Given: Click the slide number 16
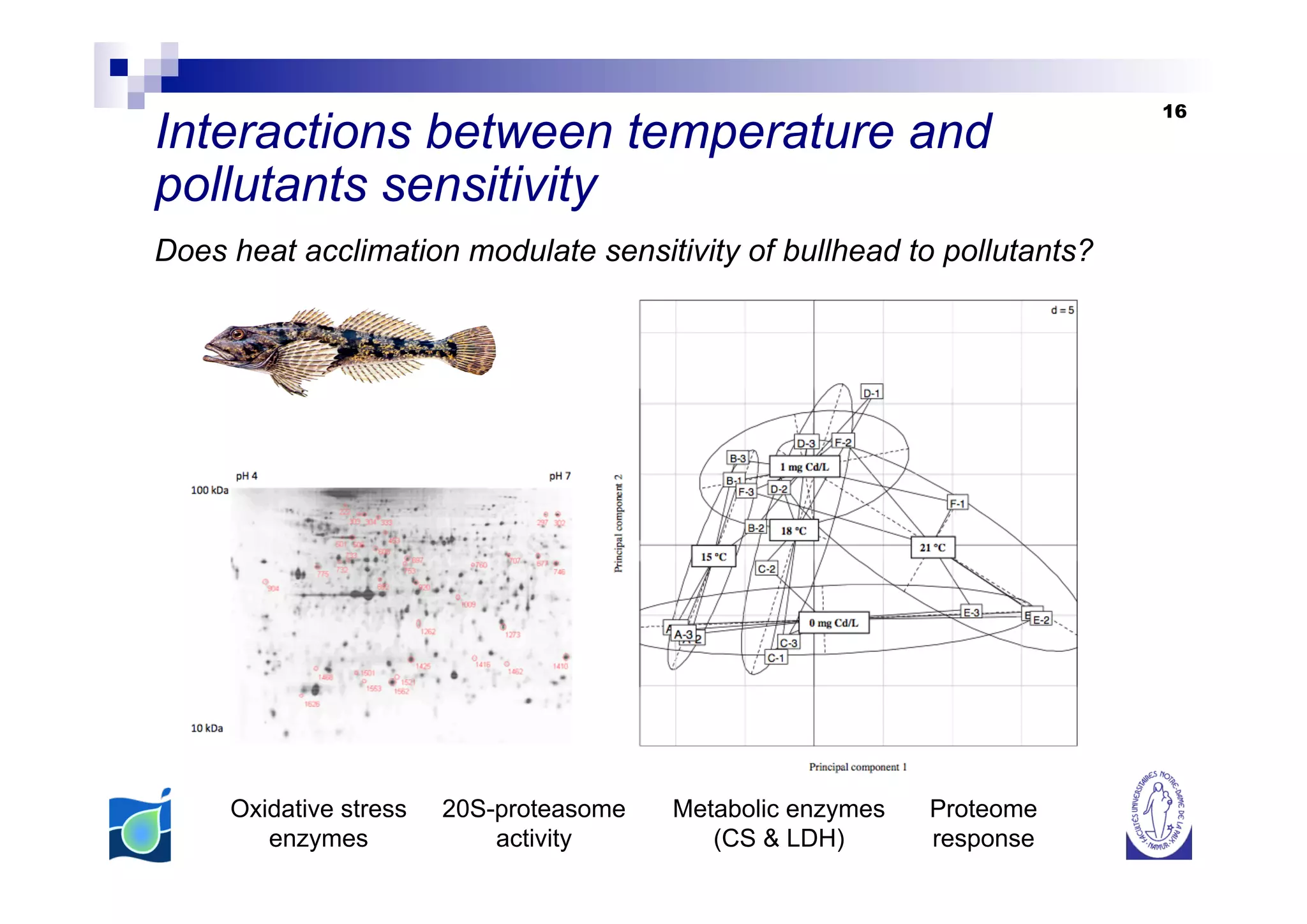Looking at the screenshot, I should pyautogui.click(x=1174, y=112).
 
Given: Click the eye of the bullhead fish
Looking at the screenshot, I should pyautogui.click(x=237, y=333).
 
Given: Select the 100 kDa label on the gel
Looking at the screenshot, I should pyautogui.click(x=209, y=490).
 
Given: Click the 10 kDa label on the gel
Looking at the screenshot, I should pyautogui.click(x=207, y=728).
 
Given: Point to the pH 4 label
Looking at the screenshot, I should pyautogui.click(x=246, y=476).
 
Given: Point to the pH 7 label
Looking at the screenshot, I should pyautogui.click(x=560, y=476).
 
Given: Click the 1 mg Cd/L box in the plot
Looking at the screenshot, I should pyautogui.click(x=804, y=467).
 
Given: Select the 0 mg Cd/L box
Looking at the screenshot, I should pyautogui.click(x=833, y=623).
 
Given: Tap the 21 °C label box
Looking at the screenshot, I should pyautogui.click(x=932, y=547).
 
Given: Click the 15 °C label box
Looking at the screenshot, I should pyautogui.click(x=713, y=556).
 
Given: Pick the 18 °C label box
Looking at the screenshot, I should pyautogui.click(x=793, y=530).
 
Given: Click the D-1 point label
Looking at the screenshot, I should pyautogui.click(x=871, y=393).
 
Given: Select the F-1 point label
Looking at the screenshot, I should pyautogui.click(x=957, y=503).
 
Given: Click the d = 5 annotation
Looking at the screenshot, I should pyautogui.click(x=1062, y=310).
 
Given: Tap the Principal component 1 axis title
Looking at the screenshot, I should pyautogui.click(x=858, y=767).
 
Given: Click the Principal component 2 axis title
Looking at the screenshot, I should pyautogui.click(x=618, y=523).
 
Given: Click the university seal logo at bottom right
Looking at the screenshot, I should pyautogui.click(x=1158, y=816).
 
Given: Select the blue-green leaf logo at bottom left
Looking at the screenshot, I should pyautogui.click(x=140, y=826).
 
